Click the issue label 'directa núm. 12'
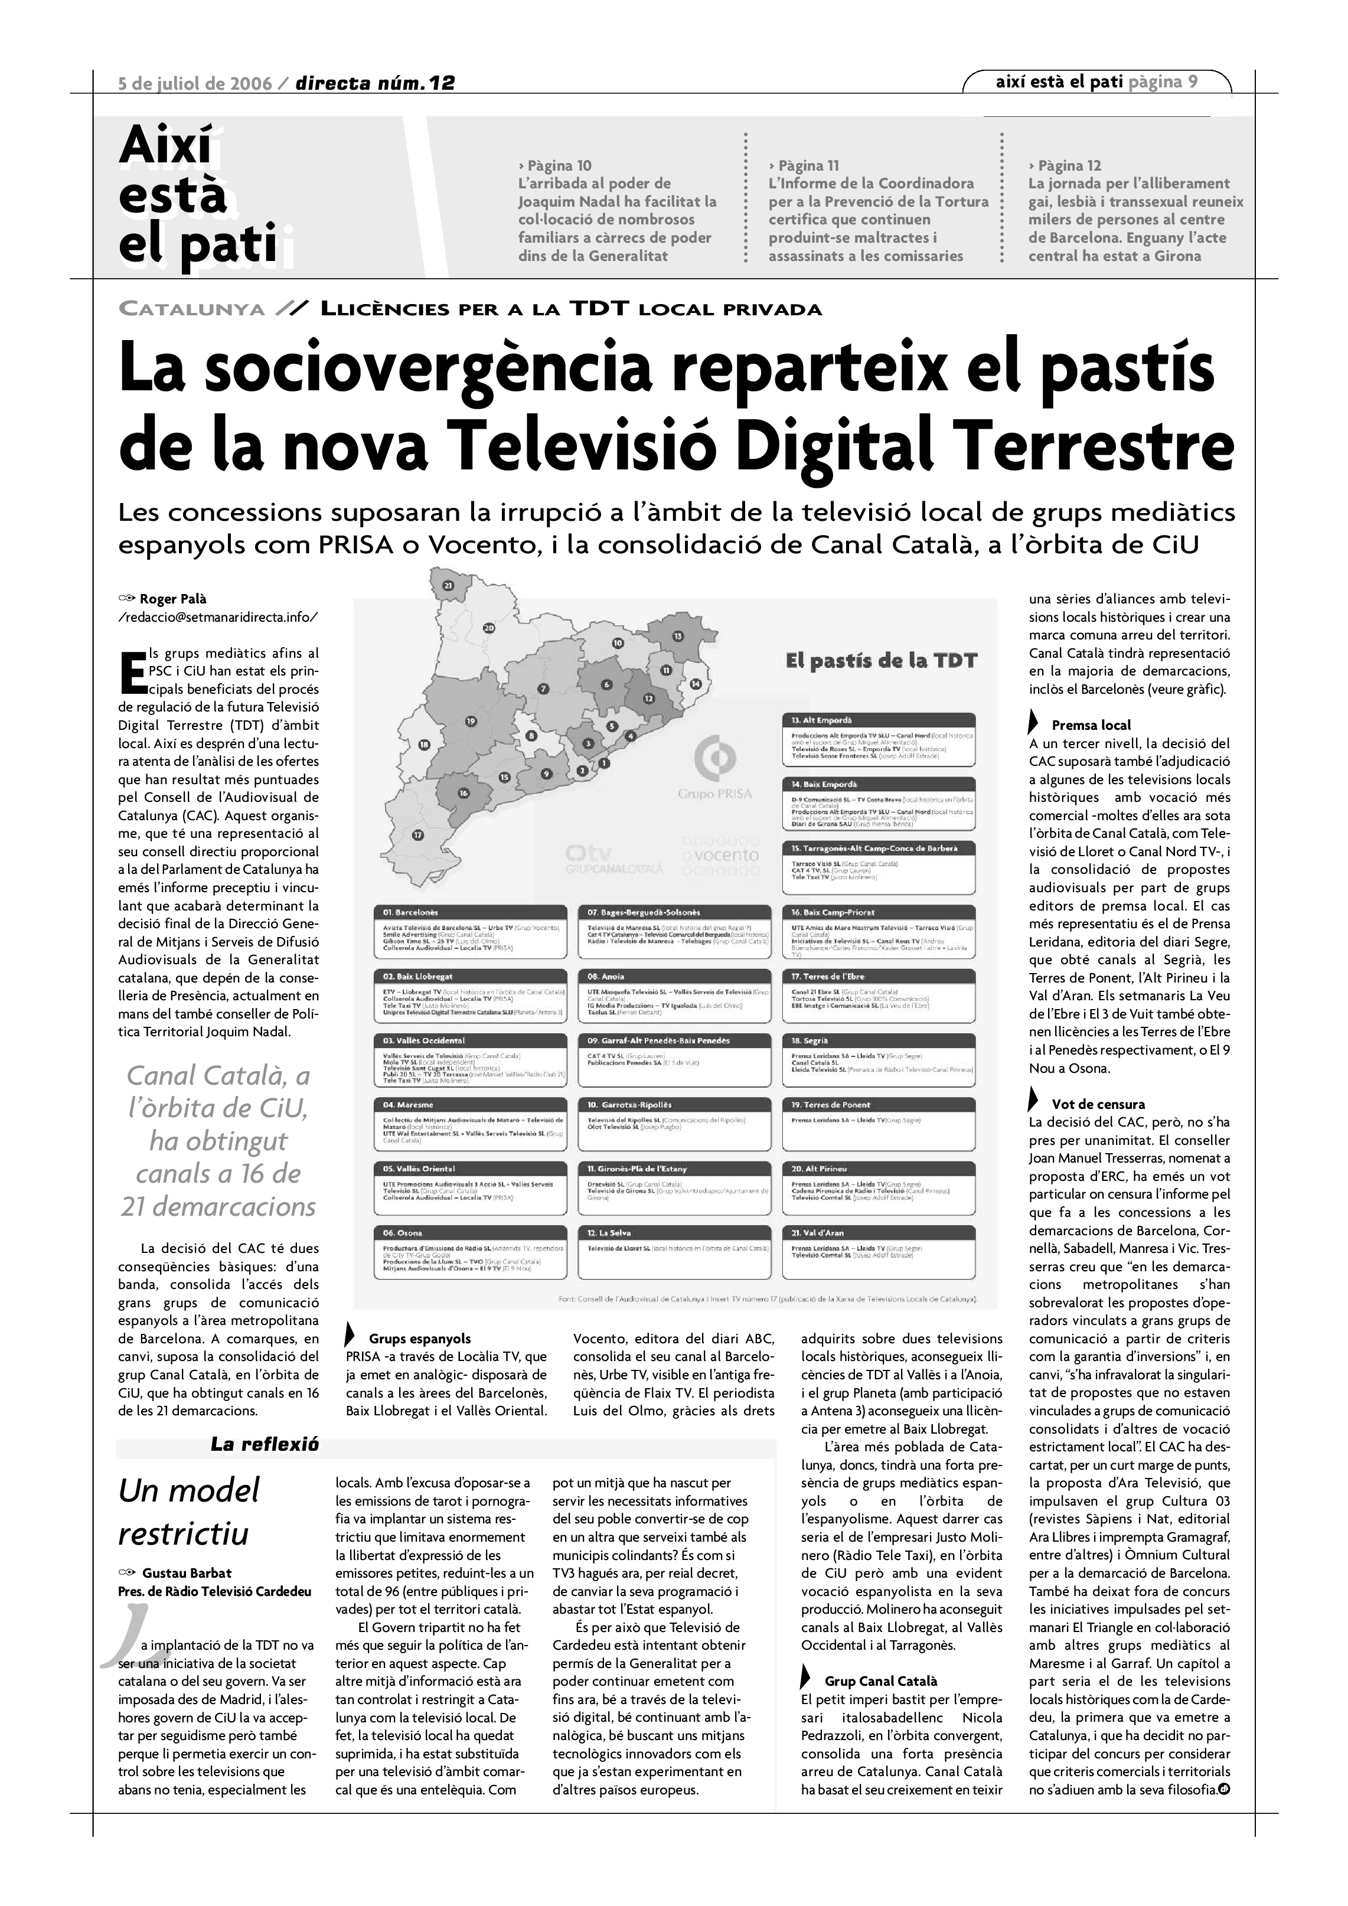point(375,83)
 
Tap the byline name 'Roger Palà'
point(172,599)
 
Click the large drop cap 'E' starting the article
point(131,671)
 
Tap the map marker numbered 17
point(417,834)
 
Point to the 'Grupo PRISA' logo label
point(714,794)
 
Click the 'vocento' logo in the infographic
point(720,855)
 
